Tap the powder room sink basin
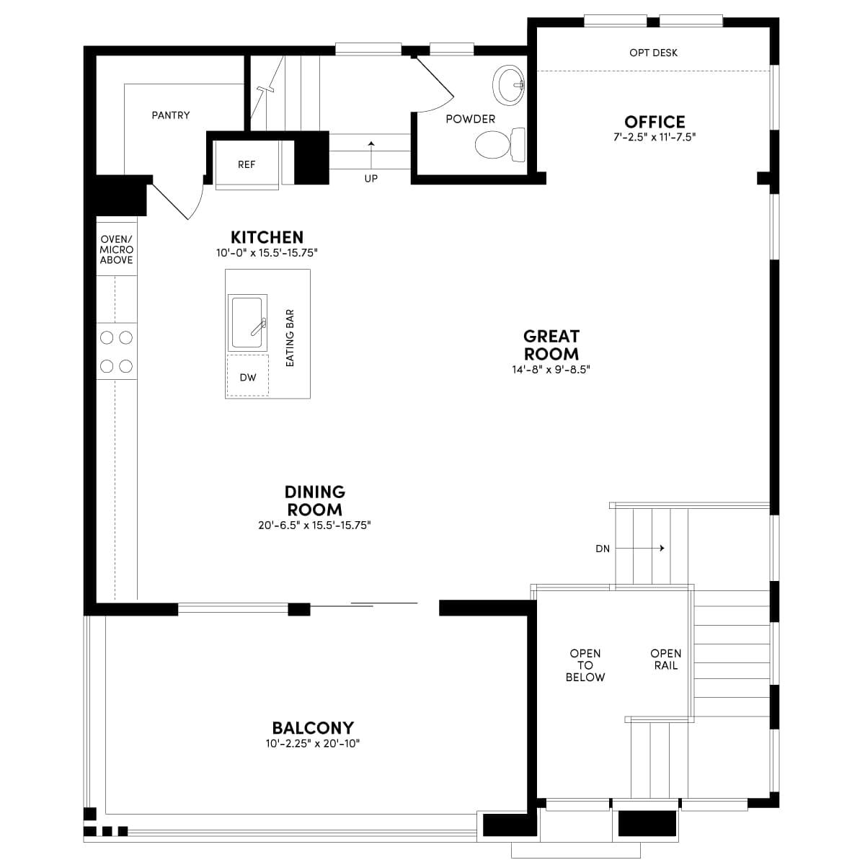click(x=509, y=84)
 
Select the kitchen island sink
click(x=247, y=323)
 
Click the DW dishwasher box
click(x=248, y=376)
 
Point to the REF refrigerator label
click(x=247, y=165)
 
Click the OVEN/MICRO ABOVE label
click(x=116, y=249)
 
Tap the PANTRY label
click(x=171, y=115)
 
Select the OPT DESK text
click(x=653, y=53)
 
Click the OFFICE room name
click(x=655, y=122)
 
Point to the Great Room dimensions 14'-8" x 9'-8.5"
click(x=551, y=370)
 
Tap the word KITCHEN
click(x=267, y=237)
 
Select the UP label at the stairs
click(x=371, y=179)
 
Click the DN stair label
click(x=603, y=549)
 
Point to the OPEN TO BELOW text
click(x=585, y=665)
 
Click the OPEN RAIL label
click(x=666, y=660)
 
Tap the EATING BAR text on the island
click(x=290, y=338)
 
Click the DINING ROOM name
click(x=315, y=500)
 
